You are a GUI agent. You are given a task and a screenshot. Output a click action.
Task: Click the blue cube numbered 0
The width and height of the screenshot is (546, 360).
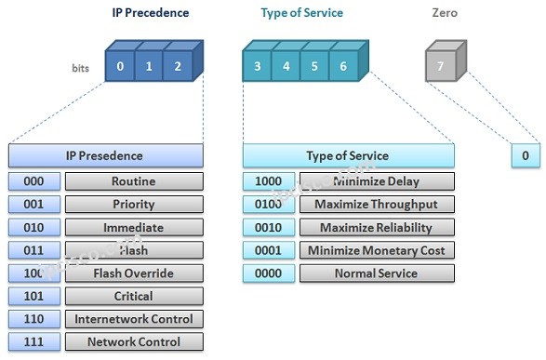(120, 67)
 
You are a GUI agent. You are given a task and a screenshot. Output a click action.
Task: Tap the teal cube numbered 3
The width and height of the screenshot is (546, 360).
(257, 67)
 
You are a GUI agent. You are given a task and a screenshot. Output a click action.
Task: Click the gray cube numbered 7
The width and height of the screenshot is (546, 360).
(441, 67)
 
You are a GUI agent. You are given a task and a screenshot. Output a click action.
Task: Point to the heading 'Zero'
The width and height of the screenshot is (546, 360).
(446, 13)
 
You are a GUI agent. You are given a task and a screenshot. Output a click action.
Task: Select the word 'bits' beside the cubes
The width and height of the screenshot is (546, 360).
(80, 69)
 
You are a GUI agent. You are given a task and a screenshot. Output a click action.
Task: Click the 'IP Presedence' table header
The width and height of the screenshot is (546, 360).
(105, 155)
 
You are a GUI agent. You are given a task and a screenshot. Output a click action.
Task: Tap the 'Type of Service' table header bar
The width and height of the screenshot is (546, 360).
(348, 155)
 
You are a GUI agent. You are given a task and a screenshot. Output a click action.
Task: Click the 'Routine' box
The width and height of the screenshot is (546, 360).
(133, 181)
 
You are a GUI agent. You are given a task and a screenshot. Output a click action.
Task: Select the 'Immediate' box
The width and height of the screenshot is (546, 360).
(133, 228)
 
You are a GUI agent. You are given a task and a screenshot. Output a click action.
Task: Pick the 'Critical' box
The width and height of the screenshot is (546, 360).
(133, 297)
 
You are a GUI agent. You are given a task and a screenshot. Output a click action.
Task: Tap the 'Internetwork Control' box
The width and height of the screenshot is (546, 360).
(133, 319)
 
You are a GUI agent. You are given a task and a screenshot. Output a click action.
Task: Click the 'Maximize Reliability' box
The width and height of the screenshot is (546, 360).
(377, 228)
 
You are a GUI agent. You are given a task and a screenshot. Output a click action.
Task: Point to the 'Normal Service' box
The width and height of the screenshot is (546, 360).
(377, 273)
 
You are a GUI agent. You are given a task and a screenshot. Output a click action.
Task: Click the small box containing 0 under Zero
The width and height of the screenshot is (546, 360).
(525, 155)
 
